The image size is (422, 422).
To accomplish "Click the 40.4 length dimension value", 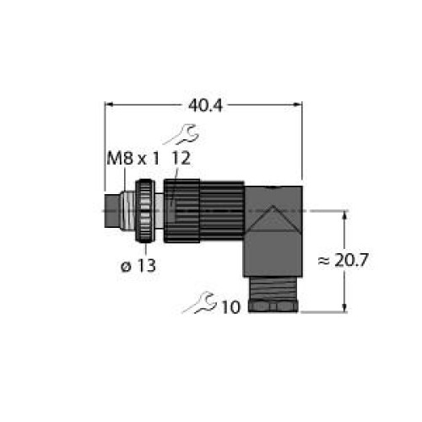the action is tap(205, 106).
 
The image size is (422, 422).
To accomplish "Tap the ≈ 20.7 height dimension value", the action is tap(343, 261).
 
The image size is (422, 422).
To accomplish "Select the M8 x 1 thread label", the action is tap(133, 159).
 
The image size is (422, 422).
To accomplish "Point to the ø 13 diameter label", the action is tap(138, 265).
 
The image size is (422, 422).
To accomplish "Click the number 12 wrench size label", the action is tap(181, 159).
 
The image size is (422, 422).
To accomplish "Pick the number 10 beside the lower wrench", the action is tap(231, 307).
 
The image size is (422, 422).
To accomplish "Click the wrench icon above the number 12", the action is tap(182, 134).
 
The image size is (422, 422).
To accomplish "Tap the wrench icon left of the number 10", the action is tap(199, 302).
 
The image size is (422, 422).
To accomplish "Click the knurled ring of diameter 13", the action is tap(145, 211).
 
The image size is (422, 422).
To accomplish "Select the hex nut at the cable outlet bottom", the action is tap(273, 306).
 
